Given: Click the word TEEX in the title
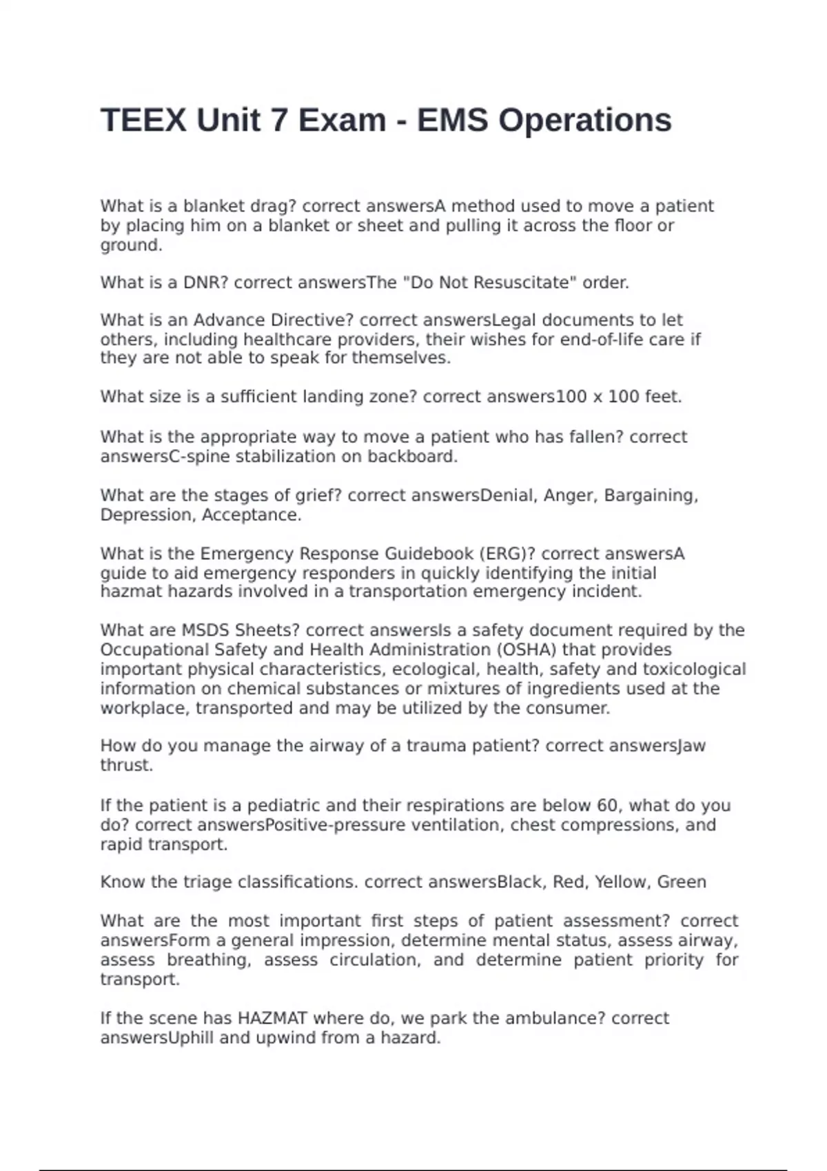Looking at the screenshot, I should point(143,121).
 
